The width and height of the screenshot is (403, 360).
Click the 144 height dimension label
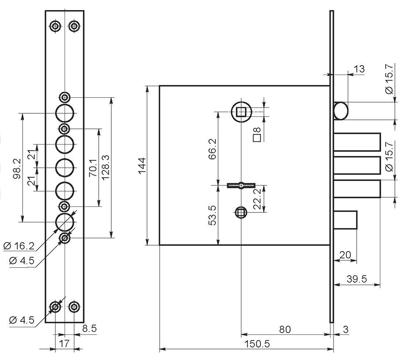[142, 166]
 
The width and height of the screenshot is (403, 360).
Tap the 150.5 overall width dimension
[257, 344]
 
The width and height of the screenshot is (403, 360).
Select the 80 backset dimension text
[285, 329]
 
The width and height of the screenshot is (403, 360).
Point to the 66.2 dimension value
[212, 149]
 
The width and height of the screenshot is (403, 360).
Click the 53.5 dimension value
[212, 215]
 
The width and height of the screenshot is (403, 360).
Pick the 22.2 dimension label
[257, 199]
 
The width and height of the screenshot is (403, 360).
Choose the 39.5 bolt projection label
[357, 279]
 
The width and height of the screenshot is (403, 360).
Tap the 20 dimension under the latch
[345, 255]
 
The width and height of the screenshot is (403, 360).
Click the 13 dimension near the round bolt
[359, 69]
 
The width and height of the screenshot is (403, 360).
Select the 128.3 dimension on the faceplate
[105, 168]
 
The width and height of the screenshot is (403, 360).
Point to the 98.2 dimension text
[17, 169]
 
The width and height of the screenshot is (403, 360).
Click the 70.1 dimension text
[93, 168]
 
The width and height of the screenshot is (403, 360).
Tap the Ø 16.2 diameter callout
[19, 246]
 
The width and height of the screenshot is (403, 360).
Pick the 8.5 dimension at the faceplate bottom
[90, 328]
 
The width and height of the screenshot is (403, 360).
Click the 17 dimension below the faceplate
[64, 343]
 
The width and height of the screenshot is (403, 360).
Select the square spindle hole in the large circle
[241, 112]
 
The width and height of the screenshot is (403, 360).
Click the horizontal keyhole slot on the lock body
[241, 185]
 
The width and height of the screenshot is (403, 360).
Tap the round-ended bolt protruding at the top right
[341, 111]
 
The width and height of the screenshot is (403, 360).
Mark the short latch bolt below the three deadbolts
[346, 220]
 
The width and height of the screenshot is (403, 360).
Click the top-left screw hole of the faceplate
[55, 26]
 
